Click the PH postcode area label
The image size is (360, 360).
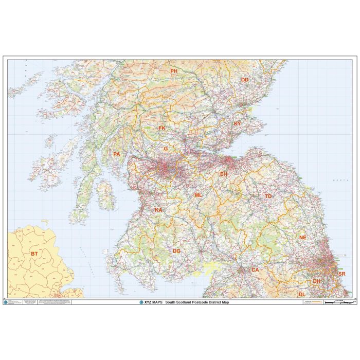pyautogui.click(x=174, y=71)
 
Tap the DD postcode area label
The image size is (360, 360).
pyautogui.click(x=245, y=80)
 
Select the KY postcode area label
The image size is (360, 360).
pyautogui.click(x=237, y=124)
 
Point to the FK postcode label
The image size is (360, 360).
pyautogui.click(x=162, y=128)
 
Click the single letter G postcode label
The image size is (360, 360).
pyautogui.click(x=166, y=149)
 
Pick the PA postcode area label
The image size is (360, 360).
pyautogui.click(x=117, y=154)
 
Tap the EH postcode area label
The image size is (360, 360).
pyautogui.click(x=224, y=174)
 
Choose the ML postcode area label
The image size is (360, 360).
pyautogui.click(x=198, y=195)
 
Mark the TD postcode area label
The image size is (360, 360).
pyautogui.click(x=268, y=196)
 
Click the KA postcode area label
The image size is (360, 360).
pyautogui.click(x=158, y=210)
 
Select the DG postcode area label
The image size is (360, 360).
pyautogui.click(x=176, y=251)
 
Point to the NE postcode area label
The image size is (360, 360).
pyautogui.click(x=303, y=237)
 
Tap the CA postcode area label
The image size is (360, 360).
pyautogui.click(x=255, y=269)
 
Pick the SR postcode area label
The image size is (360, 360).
pyautogui.click(x=342, y=274)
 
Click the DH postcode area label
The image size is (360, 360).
pyautogui.click(x=316, y=281)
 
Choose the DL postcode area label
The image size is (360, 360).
pyautogui.click(x=302, y=294)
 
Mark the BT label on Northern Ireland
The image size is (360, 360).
pyautogui.click(x=34, y=254)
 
